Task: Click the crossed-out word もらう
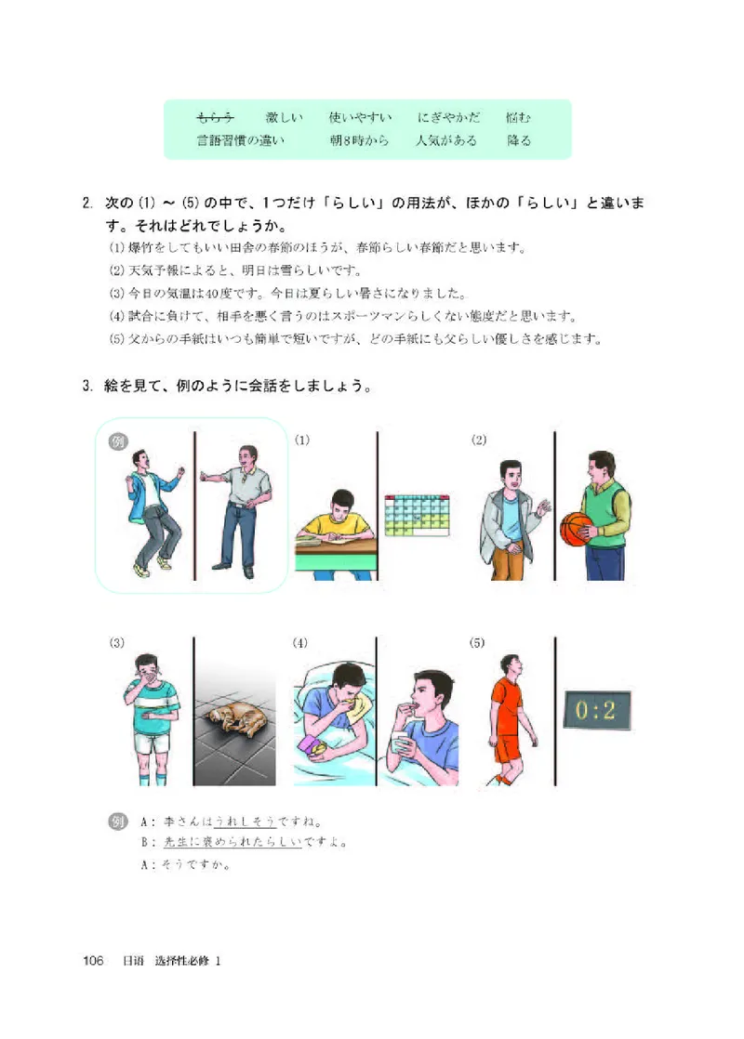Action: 215,118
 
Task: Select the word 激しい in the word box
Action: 284,118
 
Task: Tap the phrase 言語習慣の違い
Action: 240,141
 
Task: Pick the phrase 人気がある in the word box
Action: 446,141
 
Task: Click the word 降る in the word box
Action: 519,141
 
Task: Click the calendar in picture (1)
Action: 416,515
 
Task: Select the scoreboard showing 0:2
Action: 595,712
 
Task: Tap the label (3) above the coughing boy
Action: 117,642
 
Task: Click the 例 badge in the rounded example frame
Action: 118,440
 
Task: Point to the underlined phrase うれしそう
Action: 245,822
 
